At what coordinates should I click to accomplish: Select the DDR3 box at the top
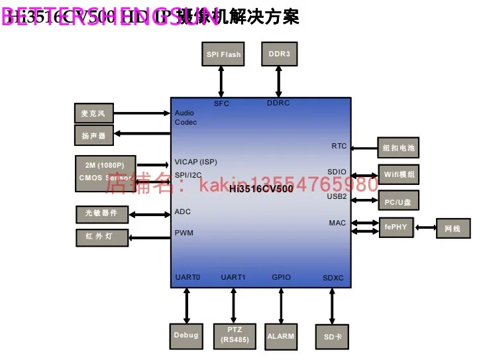[x=280, y=54]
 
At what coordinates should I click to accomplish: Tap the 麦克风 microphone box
[x=93, y=113]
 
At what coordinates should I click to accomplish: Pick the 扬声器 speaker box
[x=93, y=136]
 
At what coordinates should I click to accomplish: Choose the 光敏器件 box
[x=101, y=213]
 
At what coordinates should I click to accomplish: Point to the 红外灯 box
[x=101, y=237]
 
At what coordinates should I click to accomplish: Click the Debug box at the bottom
[x=186, y=335]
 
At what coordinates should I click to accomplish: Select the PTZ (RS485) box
[x=234, y=335]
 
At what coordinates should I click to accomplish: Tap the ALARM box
[x=281, y=336]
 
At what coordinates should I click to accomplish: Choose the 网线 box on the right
[x=453, y=229]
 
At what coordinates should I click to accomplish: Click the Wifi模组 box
[x=399, y=174]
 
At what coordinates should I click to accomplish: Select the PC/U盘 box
[x=399, y=201]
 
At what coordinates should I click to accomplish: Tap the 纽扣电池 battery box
[x=399, y=147]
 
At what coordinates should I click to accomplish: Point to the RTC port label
[x=339, y=146]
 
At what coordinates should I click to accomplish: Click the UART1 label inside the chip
[x=233, y=277]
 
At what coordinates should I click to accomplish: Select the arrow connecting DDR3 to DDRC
[x=279, y=82]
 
